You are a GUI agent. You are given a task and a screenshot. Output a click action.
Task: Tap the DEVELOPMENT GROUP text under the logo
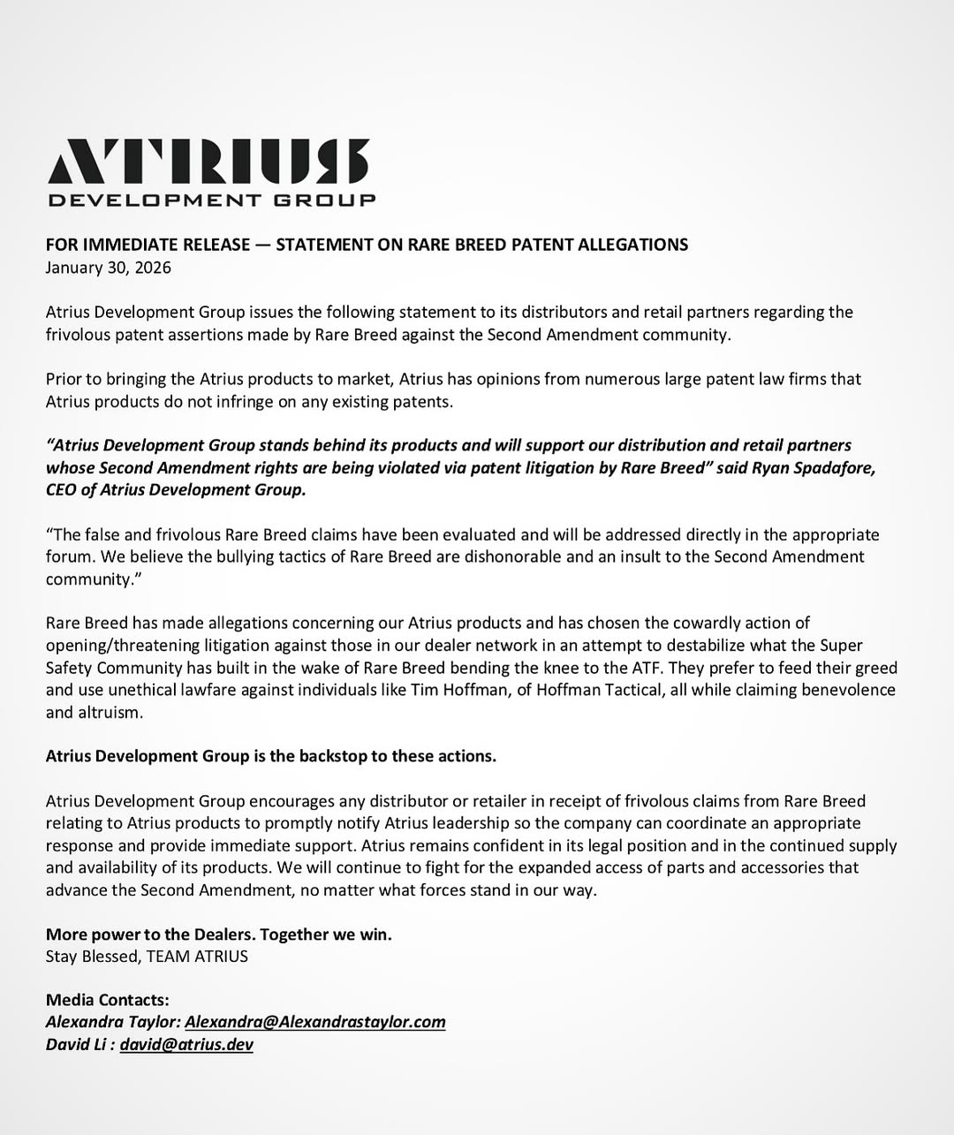pos(212,201)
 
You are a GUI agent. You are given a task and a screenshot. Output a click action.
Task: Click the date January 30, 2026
pos(109,268)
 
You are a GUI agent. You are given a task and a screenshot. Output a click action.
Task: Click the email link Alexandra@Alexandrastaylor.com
pos(314,1022)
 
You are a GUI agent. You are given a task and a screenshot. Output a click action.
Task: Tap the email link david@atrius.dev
pos(186,1044)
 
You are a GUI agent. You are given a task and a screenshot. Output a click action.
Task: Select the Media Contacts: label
pos(107,1000)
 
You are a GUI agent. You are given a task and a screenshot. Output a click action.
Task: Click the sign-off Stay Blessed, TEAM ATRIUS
pos(147,957)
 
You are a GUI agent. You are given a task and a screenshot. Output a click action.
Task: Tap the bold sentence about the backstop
pos(270,756)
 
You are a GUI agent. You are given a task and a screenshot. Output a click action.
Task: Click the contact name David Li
pos(76,1044)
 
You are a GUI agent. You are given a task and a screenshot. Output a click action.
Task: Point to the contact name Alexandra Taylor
pos(112,1022)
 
